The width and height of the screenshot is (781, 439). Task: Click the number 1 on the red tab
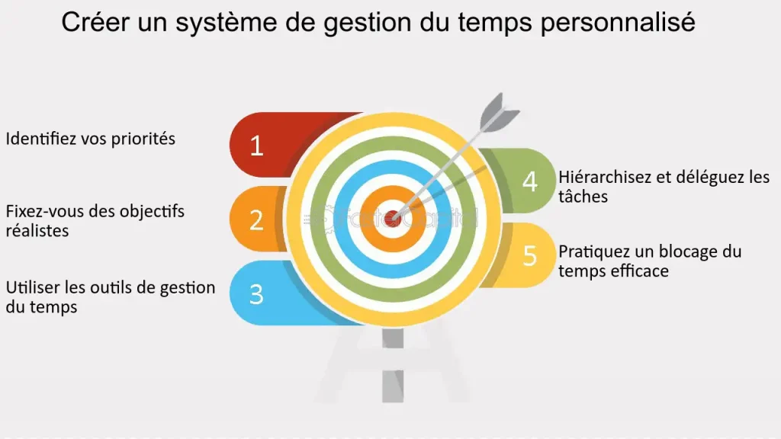(x=256, y=146)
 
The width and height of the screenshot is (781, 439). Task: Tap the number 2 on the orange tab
(x=256, y=219)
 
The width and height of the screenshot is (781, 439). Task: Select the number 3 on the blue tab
(x=256, y=294)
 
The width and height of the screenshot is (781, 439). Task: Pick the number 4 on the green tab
(x=529, y=181)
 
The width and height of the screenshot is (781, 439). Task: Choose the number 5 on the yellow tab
(x=529, y=255)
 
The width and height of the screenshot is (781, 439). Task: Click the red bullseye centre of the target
(x=393, y=219)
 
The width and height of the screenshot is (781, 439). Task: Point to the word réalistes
(x=37, y=229)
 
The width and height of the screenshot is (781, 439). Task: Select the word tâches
(x=583, y=196)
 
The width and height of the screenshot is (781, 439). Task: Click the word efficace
(x=639, y=271)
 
